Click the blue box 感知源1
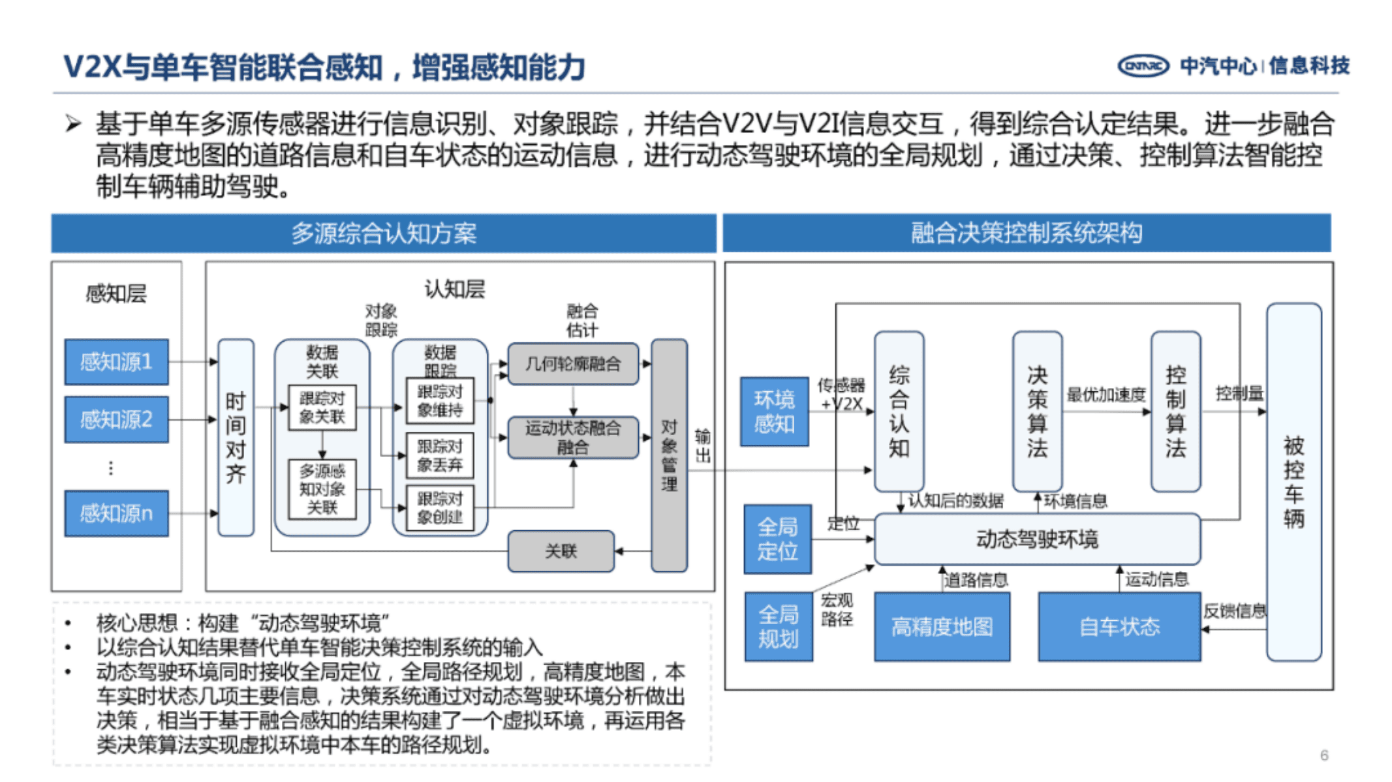point(116,361)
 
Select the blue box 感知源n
point(116,513)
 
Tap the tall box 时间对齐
point(236,438)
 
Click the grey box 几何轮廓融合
point(572,364)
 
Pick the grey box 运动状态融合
point(572,438)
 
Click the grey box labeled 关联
point(561,551)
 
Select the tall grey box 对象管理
point(669,455)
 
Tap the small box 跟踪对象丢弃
point(439,455)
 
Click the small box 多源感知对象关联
point(322,489)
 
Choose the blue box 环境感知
point(774,412)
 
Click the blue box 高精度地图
point(942,627)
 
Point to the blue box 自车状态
point(1119,627)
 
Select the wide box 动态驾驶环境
point(1036,539)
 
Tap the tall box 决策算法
point(1037,412)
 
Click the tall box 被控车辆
point(1293,482)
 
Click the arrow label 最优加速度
point(1106,395)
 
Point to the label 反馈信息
point(1234,611)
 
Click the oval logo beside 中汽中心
point(1143,66)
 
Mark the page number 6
point(1324,755)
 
